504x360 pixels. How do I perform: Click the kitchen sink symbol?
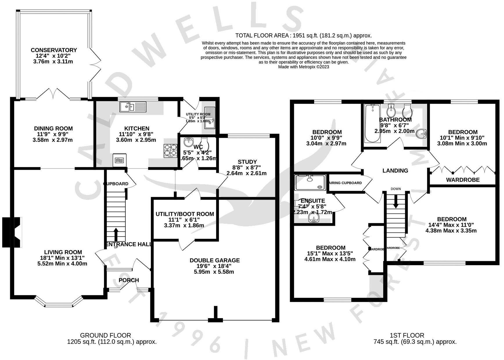133,107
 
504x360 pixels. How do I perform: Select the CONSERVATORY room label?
54,50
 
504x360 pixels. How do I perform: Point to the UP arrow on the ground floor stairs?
116,234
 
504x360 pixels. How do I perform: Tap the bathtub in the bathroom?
372,123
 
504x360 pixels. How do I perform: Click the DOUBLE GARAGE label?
215,260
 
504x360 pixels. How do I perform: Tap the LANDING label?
395,171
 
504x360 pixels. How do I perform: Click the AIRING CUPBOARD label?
345,183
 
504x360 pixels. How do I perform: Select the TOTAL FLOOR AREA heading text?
303,35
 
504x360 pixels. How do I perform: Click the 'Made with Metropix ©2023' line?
303,67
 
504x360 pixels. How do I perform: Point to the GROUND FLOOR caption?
105,335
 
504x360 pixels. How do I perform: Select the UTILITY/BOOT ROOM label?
185,214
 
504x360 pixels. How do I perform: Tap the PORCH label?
129,280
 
